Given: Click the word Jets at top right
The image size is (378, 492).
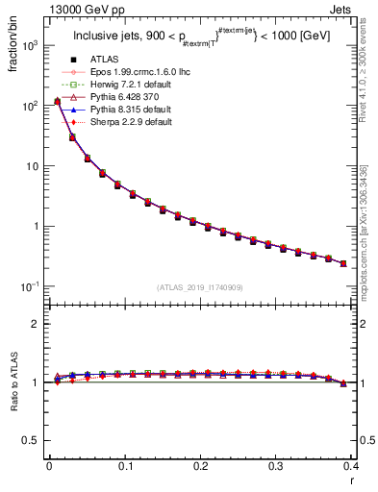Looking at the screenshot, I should pyautogui.click(x=358, y=11).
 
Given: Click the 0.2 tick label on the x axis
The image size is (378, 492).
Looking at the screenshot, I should pyautogui.click(x=200, y=465).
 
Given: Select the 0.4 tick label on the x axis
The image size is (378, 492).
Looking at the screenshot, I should pyautogui.click(x=350, y=465).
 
